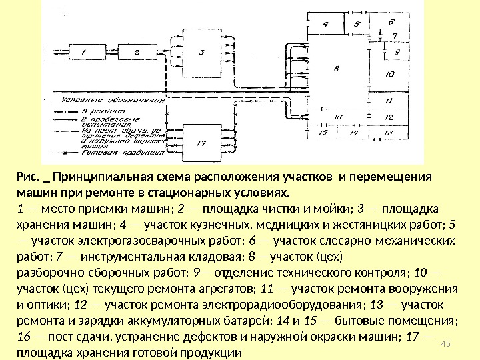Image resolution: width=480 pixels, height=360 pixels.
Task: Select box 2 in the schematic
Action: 135,51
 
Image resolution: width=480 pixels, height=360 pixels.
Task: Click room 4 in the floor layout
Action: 327,24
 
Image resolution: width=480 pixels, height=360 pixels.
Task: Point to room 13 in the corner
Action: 390,133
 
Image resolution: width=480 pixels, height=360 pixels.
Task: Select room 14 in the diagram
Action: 354,133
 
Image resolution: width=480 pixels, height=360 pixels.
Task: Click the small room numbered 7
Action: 395,35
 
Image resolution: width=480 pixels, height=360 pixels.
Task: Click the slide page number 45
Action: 447,342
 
